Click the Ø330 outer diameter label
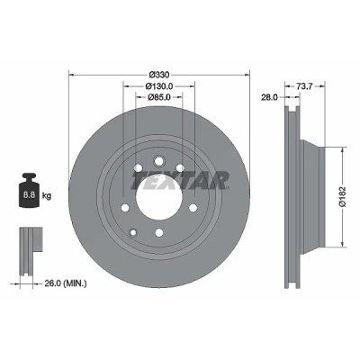[159, 74]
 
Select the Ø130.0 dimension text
[159, 86]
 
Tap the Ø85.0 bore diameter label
[159, 97]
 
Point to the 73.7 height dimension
[304, 86]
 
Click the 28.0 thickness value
[270, 97]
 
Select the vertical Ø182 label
[343, 197]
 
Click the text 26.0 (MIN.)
[66, 283]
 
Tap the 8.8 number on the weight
[30, 195]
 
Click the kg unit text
[47, 196]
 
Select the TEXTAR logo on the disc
[180, 181]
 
